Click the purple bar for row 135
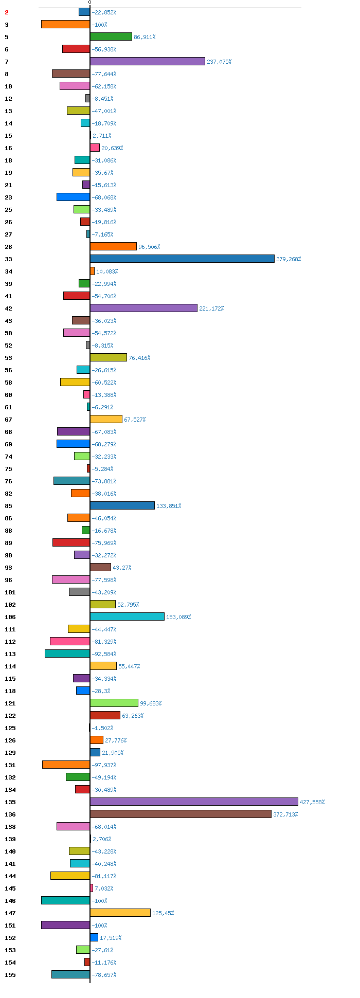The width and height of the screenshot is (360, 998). [194, 802]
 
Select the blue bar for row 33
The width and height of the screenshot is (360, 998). [182, 259]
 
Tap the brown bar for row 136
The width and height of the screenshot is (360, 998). [181, 814]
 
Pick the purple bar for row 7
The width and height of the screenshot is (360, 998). [148, 61]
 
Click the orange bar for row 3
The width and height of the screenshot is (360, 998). [65, 24]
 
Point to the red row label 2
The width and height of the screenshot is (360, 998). [7, 12]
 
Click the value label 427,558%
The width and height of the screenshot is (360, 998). [312, 802]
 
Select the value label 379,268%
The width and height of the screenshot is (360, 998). [289, 259]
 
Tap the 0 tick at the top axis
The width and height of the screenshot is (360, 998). [89, 3]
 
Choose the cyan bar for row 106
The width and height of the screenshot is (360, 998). [127, 616]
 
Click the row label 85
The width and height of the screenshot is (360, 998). [9, 506]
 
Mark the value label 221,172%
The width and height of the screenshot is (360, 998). [211, 309]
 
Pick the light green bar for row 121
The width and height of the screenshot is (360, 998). [114, 703]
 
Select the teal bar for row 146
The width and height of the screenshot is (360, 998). [65, 900]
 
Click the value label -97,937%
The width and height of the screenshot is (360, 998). [104, 765]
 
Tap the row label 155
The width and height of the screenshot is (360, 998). [10, 975]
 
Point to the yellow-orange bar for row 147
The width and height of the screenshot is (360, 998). [120, 913]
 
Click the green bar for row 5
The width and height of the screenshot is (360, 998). [111, 37]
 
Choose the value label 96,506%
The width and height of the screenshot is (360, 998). [149, 247]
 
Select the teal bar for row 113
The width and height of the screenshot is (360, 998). [67, 654]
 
